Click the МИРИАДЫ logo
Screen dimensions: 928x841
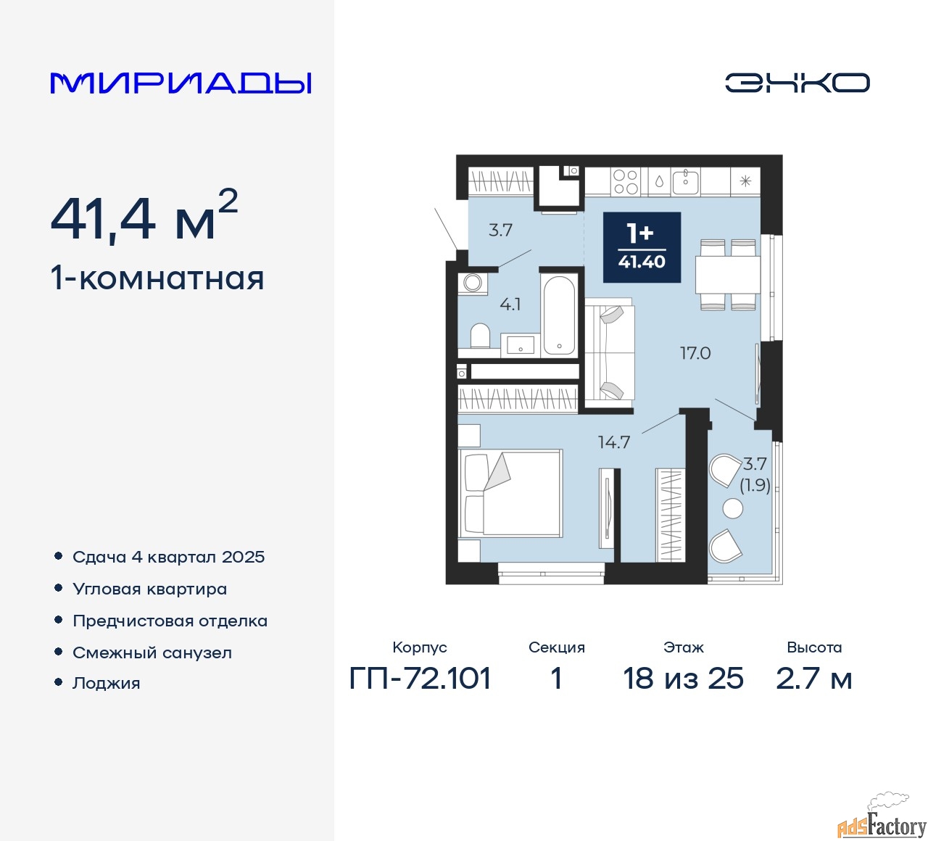(x=181, y=83)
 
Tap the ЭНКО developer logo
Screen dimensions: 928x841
(x=797, y=83)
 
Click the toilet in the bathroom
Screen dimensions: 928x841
(x=480, y=336)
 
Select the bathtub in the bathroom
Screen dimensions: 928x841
(x=559, y=315)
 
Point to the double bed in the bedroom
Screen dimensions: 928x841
(x=510, y=494)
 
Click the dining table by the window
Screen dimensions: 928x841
(x=728, y=274)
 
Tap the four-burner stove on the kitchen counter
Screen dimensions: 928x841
(x=626, y=181)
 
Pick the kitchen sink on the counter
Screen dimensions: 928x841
(x=686, y=182)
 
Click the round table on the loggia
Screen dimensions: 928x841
(x=733, y=509)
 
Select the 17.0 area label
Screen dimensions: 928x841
(x=695, y=353)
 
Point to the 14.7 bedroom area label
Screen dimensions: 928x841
(x=614, y=443)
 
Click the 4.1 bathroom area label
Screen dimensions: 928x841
(x=510, y=304)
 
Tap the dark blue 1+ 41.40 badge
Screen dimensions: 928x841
(x=642, y=247)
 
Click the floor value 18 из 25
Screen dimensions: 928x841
(x=683, y=679)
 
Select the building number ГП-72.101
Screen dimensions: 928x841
(x=420, y=679)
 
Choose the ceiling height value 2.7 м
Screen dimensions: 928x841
(x=813, y=679)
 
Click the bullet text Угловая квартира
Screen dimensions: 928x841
(x=150, y=589)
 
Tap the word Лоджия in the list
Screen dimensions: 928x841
(x=107, y=683)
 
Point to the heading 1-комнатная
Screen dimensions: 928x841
(x=157, y=278)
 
